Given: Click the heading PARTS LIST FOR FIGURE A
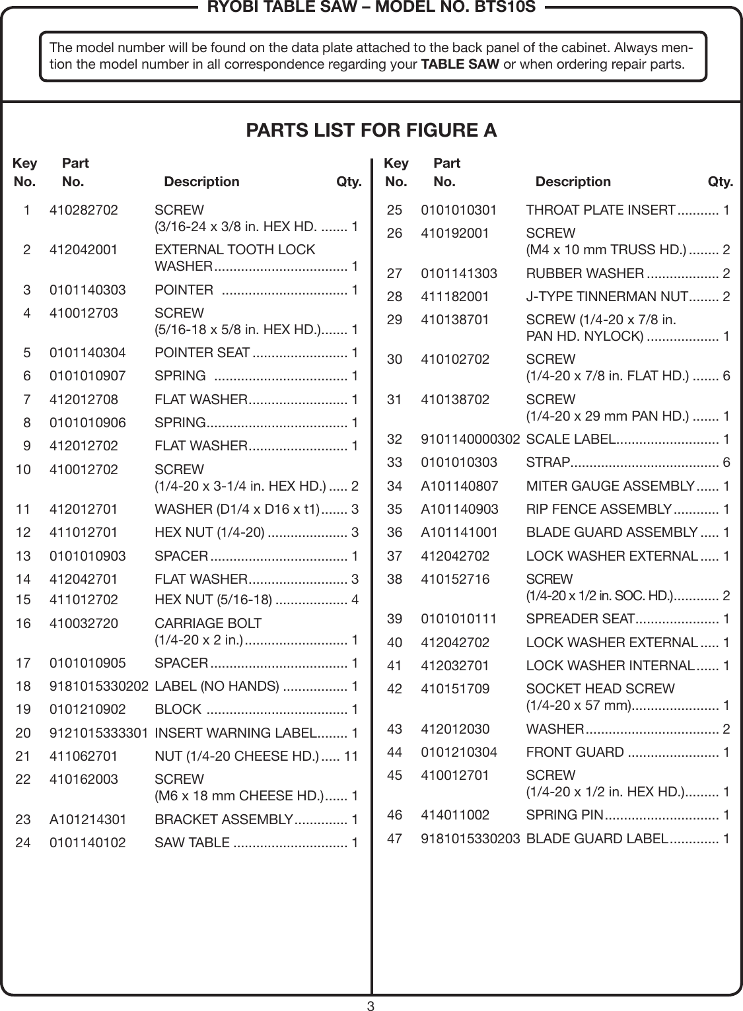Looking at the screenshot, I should point(371,131).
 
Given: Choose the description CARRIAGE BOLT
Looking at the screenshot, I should point(207,623).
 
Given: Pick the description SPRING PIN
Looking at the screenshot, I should point(563,816).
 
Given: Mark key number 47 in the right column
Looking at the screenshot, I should point(394,839).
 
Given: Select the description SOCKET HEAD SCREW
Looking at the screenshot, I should point(600,689).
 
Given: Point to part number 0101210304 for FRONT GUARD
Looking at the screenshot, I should point(459,752).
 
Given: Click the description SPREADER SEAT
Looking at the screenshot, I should point(580,619).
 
